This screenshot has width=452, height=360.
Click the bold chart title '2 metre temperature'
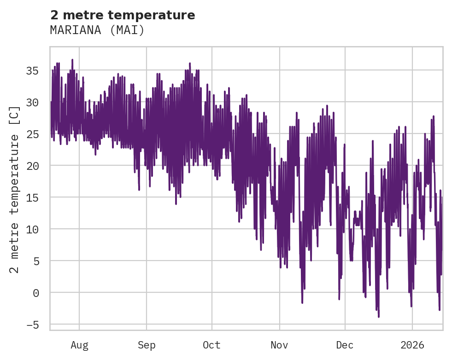(x=123, y=15)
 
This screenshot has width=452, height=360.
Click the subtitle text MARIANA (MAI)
(x=97, y=30)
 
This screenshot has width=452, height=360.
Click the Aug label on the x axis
(x=79, y=345)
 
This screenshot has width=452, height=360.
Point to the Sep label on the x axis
(x=147, y=345)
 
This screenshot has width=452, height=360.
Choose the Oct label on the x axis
(x=212, y=345)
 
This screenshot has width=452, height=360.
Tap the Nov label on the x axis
(x=279, y=345)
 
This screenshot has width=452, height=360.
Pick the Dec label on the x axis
(x=345, y=345)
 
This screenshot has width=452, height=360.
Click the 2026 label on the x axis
(x=412, y=345)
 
